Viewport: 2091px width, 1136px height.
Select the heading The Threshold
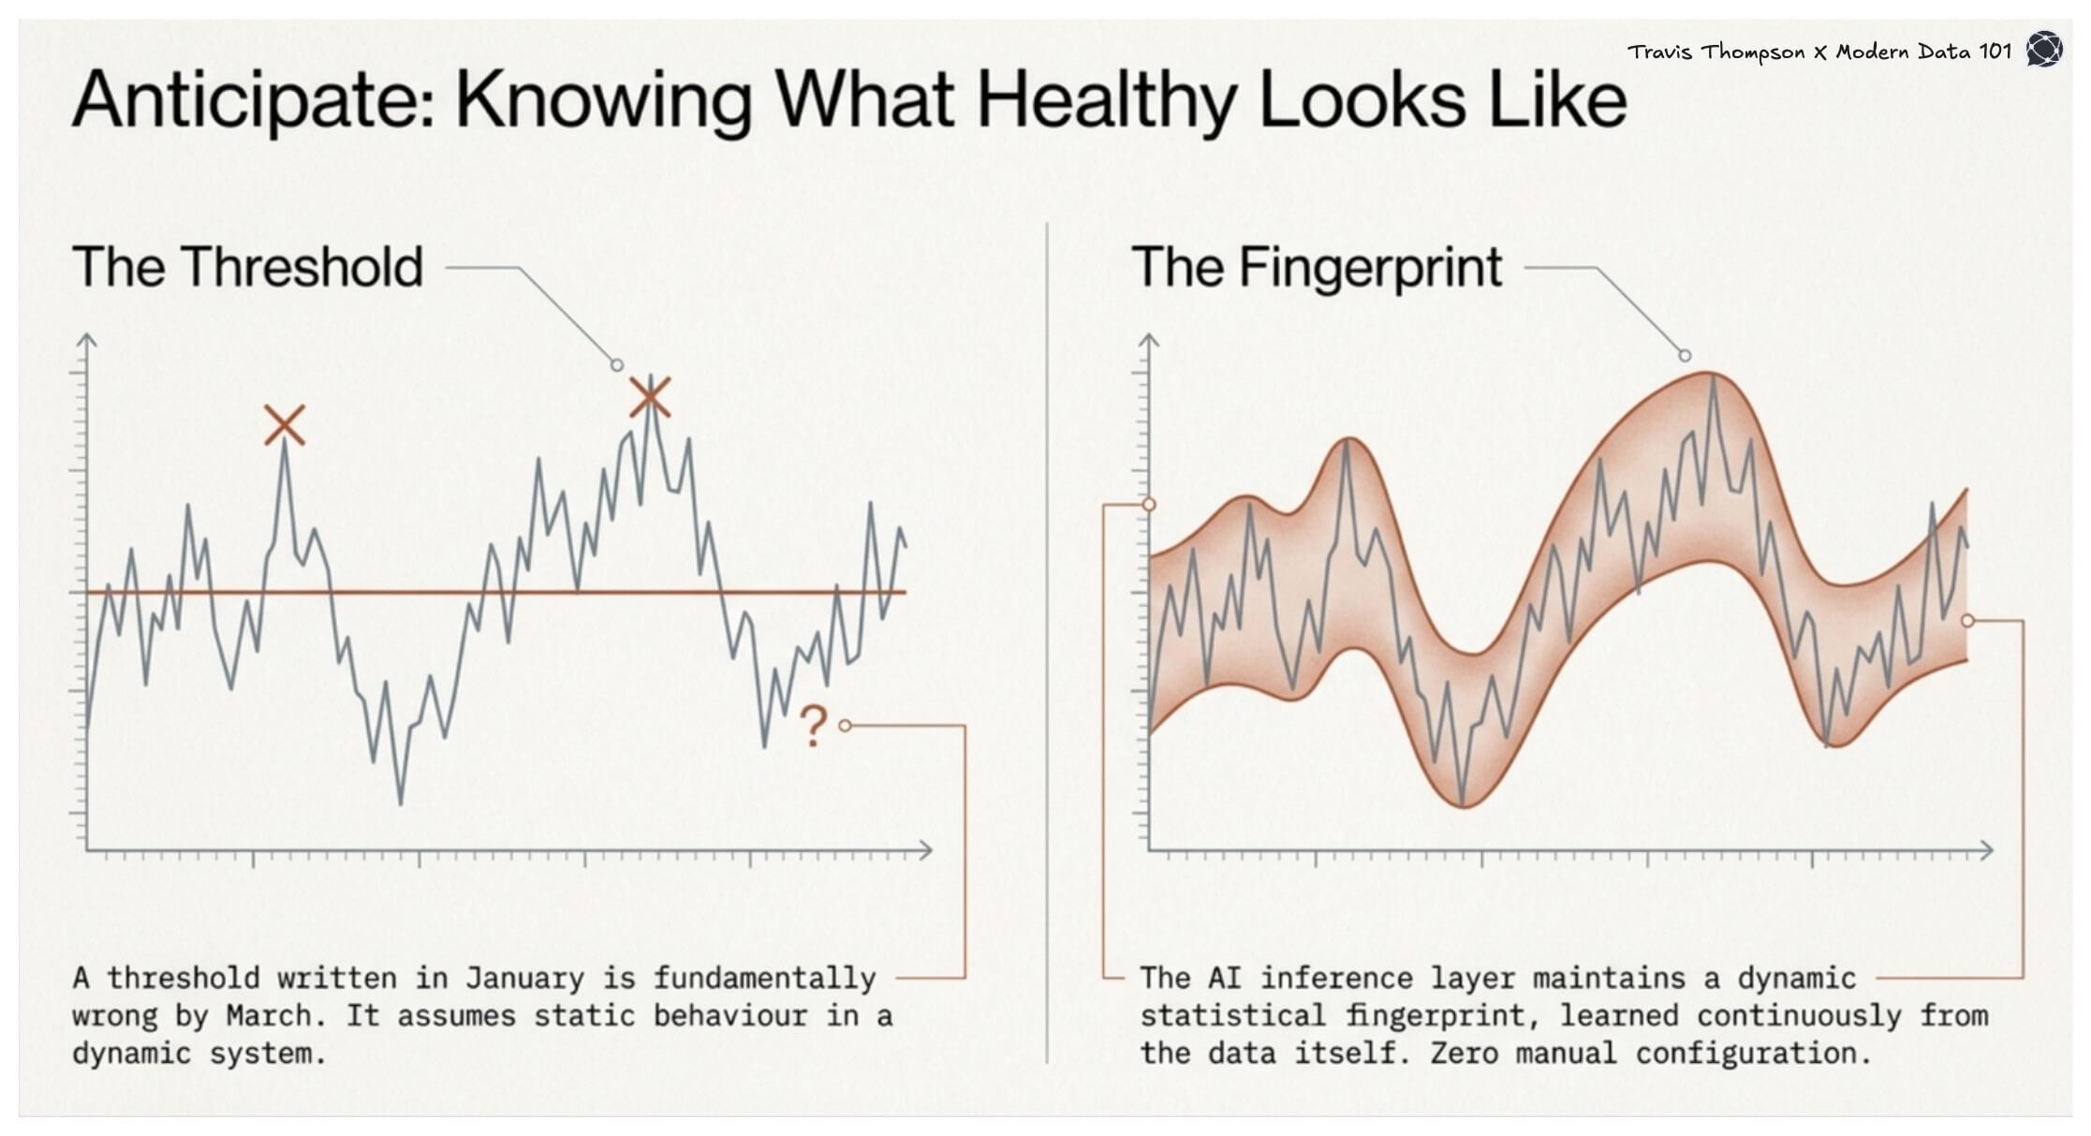[x=247, y=267]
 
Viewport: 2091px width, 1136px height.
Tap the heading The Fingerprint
[x=1317, y=267]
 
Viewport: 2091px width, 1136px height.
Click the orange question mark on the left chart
[x=813, y=726]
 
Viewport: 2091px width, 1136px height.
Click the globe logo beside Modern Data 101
[x=2044, y=49]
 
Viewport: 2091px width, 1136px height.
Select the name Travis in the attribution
[x=1659, y=52]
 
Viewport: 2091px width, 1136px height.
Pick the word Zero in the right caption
[x=1464, y=1053]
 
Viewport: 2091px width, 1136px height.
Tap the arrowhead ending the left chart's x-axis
[x=925, y=850]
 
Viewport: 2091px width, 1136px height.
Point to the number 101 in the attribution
[x=1995, y=52]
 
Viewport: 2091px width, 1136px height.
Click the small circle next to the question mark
[x=845, y=726]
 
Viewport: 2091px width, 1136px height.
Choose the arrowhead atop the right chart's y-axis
[x=1149, y=339]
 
